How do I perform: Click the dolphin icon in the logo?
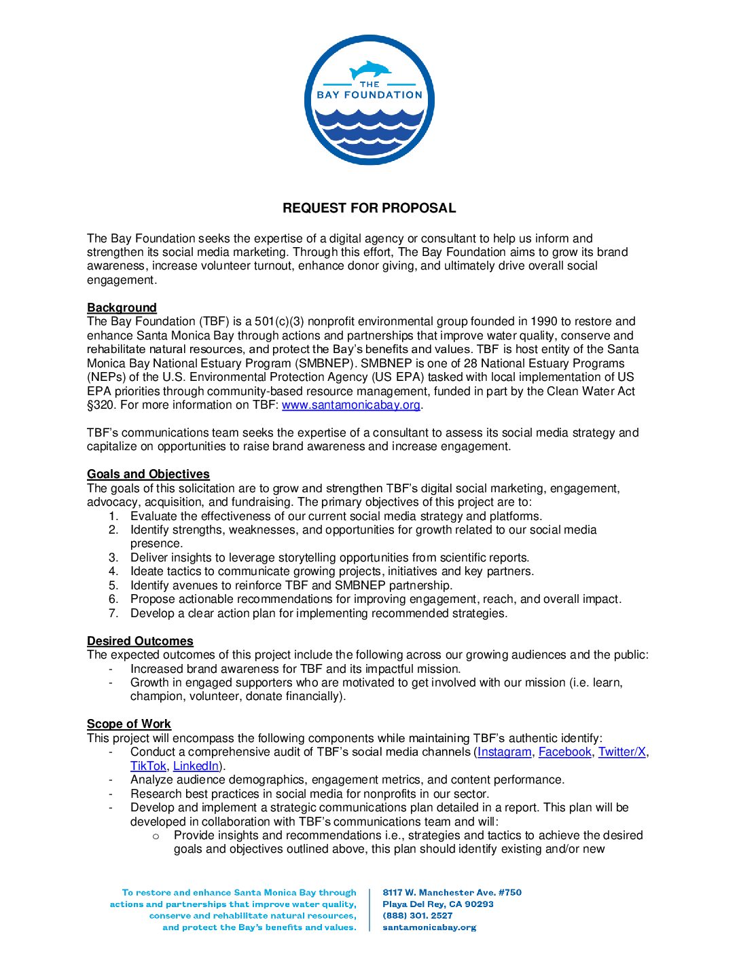[370, 70]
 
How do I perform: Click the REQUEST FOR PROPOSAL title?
[369, 208]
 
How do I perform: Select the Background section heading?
[122, 308]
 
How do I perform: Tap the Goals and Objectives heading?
[148, 474]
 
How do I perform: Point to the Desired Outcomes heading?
[140, 641]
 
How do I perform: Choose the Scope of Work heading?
[129, 724]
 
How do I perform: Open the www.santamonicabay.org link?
[351, 405]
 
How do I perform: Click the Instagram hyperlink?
[504, 752]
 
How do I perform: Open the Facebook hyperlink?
[564, 752]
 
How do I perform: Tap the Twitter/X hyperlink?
[621, 752]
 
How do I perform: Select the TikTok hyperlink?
[148, 766]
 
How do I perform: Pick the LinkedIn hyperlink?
[196, 766]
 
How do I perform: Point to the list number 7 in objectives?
[113, 613]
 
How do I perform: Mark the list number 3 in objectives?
[113, 557]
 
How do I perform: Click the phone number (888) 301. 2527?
[417, 915]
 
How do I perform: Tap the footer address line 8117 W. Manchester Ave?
[452, 892]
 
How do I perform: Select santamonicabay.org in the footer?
[429, 927]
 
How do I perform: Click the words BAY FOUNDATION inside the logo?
[369, 95]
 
